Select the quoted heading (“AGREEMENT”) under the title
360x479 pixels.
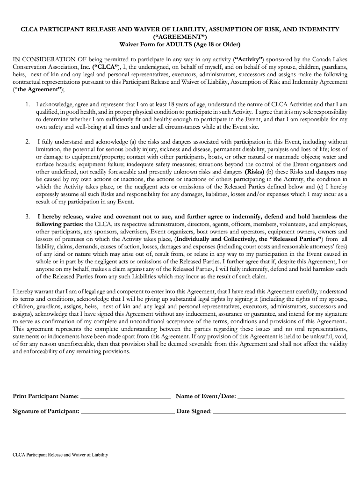pos(180,37)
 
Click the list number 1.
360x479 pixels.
pos(28,104)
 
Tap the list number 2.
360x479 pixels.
pos(28,142)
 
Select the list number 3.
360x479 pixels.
pos(28,217)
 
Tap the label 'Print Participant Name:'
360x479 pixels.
pos(45,396)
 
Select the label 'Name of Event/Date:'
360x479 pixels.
pos(205,396)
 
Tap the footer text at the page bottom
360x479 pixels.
pos(60,455)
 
